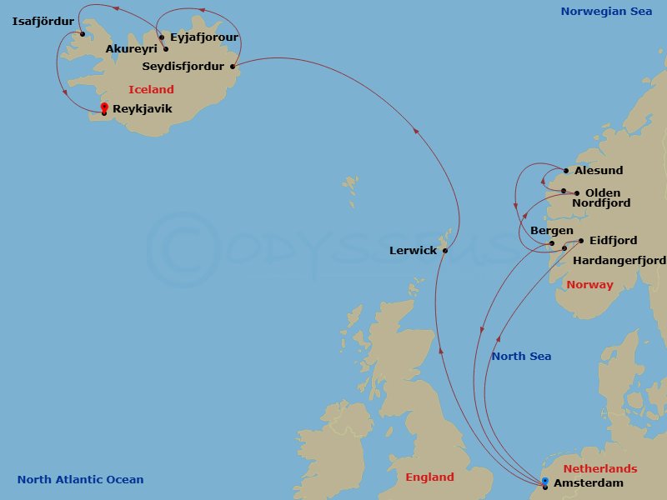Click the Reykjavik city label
tap(143, 109)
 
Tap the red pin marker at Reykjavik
tap(104, 107)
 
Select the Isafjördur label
tap(43, 20)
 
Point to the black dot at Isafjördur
tap(82, 34)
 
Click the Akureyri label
tap(132, 49)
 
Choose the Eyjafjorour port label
tap(204, 37)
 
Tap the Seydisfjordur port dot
tap(233, 66)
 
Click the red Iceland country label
tap(151, 89)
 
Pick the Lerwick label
tap(413, 250)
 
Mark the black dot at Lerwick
tap(444, 250)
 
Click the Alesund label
tap(599, 171)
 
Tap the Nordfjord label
tap(601, 203)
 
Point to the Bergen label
tap(552, 231)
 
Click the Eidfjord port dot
tap(581, 241)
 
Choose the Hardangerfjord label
tap(619, 261)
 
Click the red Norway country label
tap(589, 285)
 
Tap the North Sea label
tap(521, 357)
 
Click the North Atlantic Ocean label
tap(80, 479)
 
